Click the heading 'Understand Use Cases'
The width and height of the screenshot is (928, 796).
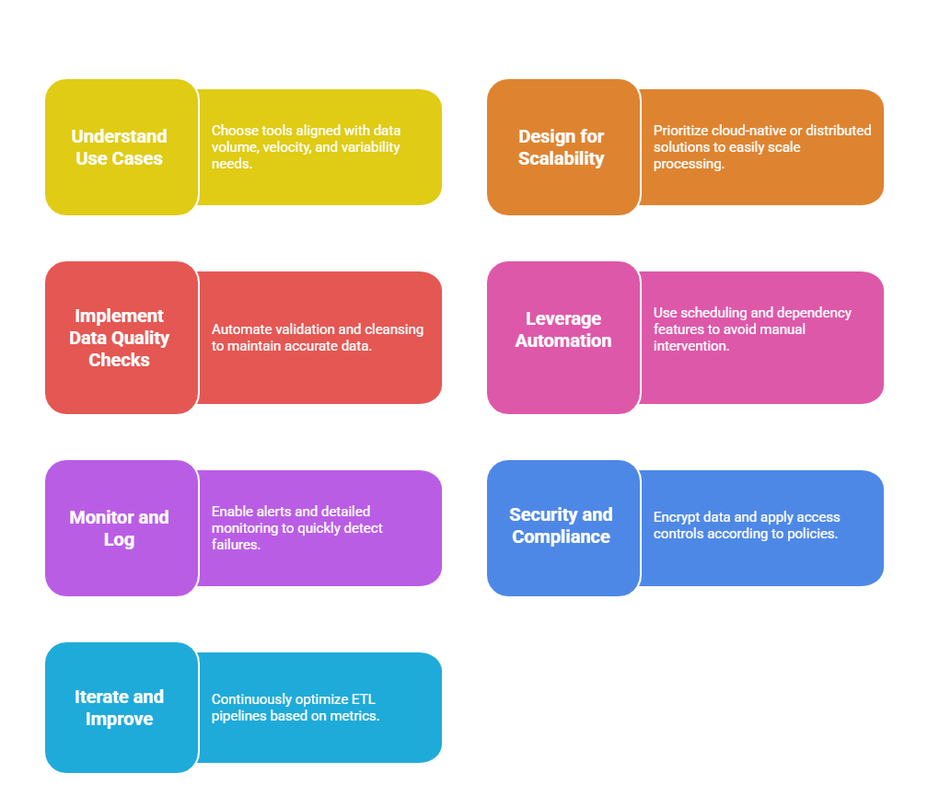pyautogui.click(x=119, y=147)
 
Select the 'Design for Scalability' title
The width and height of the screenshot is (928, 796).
pyautogui.click(x=561, y=147)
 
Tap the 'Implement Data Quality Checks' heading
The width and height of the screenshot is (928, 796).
pyautogui.click(x=119, y=338)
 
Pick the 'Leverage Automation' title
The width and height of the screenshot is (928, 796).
pyautogui.click(x=563, y=329)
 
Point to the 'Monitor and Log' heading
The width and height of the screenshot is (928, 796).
pyautogui.click(x=119, y=528)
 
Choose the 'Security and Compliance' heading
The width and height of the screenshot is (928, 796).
pyautogui.click(x=561, y=525)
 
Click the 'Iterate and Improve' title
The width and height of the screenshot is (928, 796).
pyautogui.click(x=119, y=708)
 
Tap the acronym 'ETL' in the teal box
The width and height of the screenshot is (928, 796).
pyautogui.click(x=364, y=699)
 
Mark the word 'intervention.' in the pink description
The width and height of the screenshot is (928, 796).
pyautogui.click(x=691, y=346)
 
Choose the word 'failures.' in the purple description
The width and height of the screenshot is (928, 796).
pyautogui.click(x=236, y=544)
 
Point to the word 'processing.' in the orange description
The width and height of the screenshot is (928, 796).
pyautogui.click(x=689, y=164)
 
